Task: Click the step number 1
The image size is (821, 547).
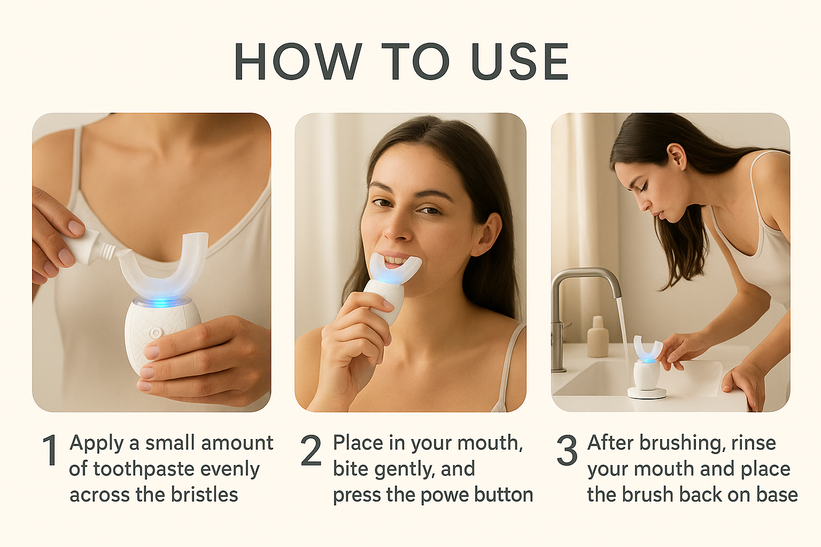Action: pos(50,450)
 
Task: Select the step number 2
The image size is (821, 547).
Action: pos(311,450)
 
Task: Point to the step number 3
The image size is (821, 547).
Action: pos(567,450)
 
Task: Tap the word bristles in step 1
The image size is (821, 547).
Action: pos(205,494)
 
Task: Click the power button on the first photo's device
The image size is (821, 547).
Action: pos(156,333)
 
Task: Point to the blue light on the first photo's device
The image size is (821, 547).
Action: pos(162,303)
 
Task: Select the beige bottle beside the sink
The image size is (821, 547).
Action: pos(598,337)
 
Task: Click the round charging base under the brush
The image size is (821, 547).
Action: pos(646,393)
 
